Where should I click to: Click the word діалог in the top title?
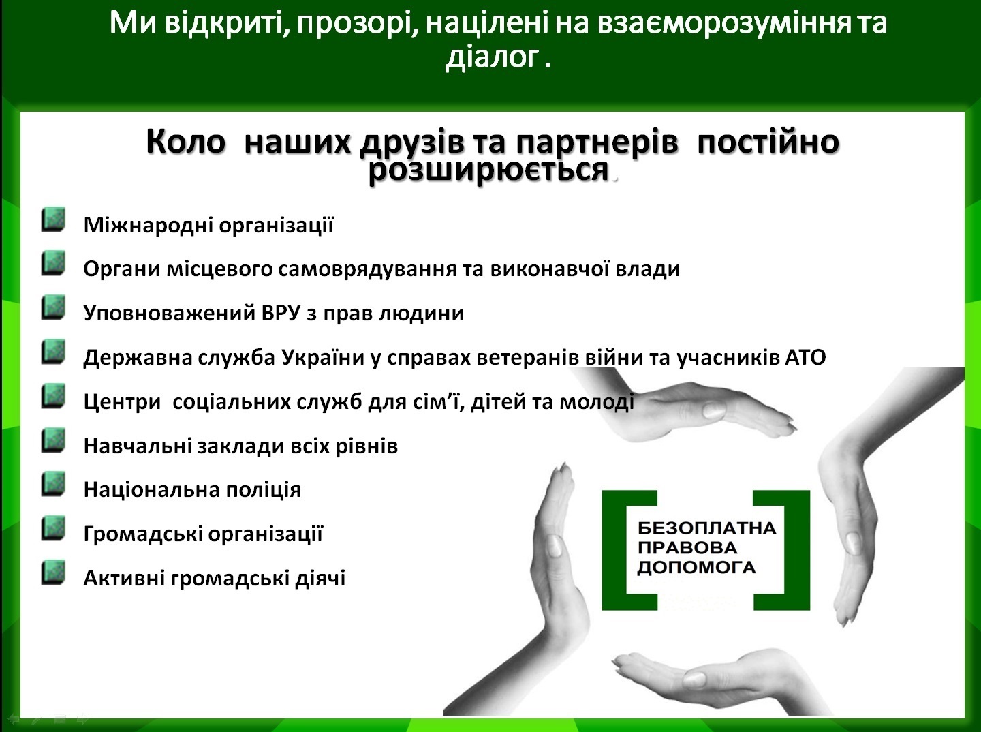click(x=492, y=58)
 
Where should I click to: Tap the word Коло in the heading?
click(x=185, y=142)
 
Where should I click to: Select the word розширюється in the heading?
click(x=488, y=170)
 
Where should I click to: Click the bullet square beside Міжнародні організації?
click(x=53, y=219)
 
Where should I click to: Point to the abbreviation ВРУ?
click(x=281, y=313)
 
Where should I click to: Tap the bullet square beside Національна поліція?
click(x=53, y=485)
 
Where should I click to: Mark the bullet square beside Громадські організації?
click(x=53, y=528)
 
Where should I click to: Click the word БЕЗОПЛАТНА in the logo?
click(x=706, y=528)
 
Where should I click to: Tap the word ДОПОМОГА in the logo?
click(x=696, y=568)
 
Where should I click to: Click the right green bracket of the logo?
click(x=797, y=550)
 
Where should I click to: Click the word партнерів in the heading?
click(x=597, y=142)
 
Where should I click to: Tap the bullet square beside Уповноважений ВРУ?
click(x=53, y=307)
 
